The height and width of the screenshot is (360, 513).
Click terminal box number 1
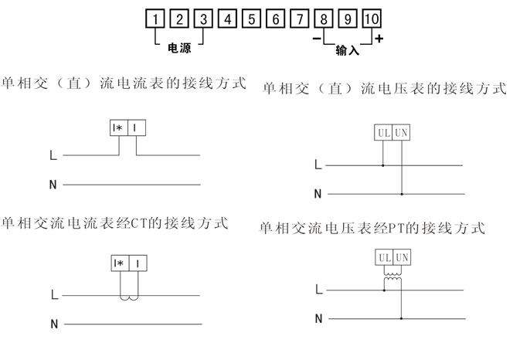pos(155,19)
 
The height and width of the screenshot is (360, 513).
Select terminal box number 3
pos(203,19)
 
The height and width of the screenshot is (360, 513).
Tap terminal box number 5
pos(252,19)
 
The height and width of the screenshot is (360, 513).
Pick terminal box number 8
pos(324,19)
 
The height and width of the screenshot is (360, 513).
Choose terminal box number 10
pos(372,19)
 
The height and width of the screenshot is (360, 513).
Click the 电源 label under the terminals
pos(179,49)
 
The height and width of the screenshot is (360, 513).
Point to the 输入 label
pos(347,50)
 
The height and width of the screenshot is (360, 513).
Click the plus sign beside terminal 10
pos(379,39)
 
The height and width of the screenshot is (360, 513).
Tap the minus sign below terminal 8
pos(317,39)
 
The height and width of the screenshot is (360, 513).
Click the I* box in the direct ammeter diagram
pos(119,127)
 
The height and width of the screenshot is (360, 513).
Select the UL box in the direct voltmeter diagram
pos(383,133)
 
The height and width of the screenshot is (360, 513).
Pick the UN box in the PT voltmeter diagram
pos(402,257)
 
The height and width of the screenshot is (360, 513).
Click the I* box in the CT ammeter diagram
pos(120,263)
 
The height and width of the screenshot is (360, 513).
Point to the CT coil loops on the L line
pos(129,298)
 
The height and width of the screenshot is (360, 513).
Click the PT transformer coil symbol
pos(392,277)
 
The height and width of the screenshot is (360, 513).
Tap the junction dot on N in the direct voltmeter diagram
pos(402,194)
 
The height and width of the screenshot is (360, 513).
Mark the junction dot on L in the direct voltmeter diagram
pos(383,165)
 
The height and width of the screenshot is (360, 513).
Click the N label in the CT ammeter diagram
pos(54,324)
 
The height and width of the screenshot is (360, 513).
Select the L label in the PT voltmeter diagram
pos(319,289)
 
